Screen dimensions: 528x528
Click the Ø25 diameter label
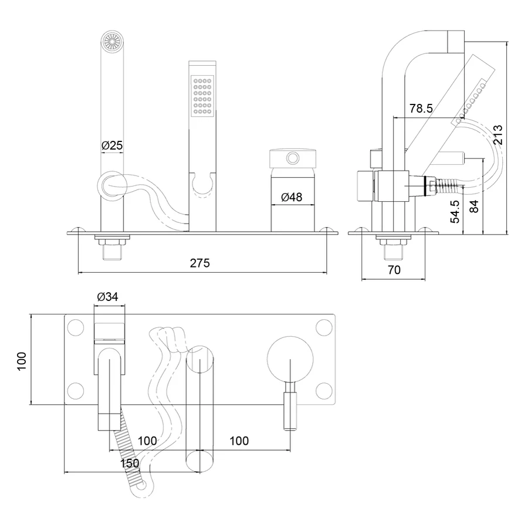coord(113,145)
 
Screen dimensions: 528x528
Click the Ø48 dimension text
coord(292,198)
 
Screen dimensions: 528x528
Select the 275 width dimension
coord(199,263)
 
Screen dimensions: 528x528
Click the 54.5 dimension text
coord(455,211)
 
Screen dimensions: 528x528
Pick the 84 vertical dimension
coord(475,207)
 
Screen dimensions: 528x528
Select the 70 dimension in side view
coord(394,270)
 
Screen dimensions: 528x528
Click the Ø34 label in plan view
coord(108,297)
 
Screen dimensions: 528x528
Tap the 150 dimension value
coord(130,463)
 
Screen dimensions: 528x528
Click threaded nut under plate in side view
coord(391,241)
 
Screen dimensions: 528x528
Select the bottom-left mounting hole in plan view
coord(75,390)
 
